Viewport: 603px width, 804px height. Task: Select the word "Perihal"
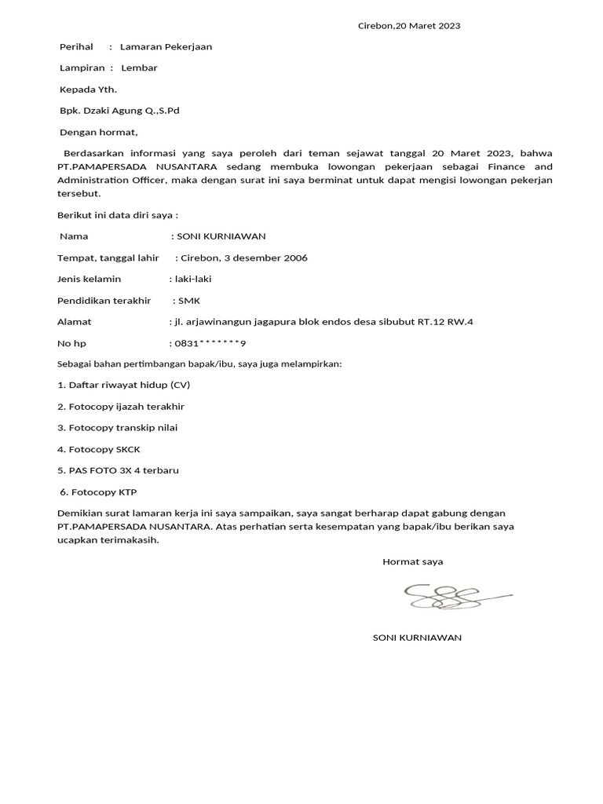77,47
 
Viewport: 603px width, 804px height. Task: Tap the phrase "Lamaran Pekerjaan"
166,47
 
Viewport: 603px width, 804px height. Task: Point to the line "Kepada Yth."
88,90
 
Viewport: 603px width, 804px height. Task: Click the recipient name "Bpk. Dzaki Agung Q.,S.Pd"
119,111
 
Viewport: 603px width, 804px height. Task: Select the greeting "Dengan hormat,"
98,133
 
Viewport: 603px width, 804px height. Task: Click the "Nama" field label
74,236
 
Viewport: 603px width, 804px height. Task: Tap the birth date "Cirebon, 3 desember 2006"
244,258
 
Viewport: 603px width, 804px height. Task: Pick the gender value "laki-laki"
193,279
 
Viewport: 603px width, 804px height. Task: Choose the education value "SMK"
189,301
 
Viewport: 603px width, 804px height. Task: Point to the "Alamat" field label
75,322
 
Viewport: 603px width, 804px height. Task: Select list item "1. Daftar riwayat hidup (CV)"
124,386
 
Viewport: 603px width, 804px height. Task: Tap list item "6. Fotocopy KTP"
99,492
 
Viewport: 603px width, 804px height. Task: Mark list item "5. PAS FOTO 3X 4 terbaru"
119,471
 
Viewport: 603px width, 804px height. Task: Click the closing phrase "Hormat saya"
413,562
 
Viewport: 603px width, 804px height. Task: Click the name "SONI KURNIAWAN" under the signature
417,638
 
